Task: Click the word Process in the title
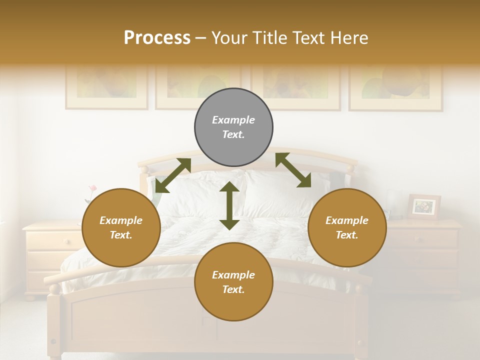[x=157, y=38]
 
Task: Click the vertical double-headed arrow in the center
[x=229, y=205]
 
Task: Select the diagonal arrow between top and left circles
[x=173, y=175]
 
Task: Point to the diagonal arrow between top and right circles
[x=293, y=170]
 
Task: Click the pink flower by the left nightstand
[x=92, y=189]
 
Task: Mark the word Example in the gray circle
[x=233, y=120]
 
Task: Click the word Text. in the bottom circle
[x=233, y=289]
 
